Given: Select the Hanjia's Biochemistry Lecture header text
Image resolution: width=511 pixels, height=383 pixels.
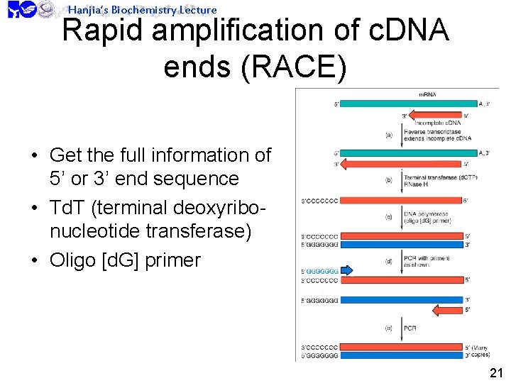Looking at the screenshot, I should pyautogui.click(x=142, y=9).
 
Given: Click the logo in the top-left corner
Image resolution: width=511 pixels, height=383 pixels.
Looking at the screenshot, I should pyautogui.click(x=21, y=9).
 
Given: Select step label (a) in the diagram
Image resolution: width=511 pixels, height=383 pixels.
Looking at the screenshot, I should pyautogui.click(x=389, y=135).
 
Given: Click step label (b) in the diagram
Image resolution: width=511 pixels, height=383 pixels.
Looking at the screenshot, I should pyautogui.click(x=389, y=180).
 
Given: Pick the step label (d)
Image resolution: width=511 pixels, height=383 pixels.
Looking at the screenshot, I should pyautogui.click(x=389, y=260).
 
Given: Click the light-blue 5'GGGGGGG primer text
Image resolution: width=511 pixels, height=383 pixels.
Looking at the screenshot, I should pyautogui.click(x=319, y=271).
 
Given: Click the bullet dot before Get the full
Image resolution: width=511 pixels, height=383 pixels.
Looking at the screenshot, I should pyautogui.click(x=33, y=155).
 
